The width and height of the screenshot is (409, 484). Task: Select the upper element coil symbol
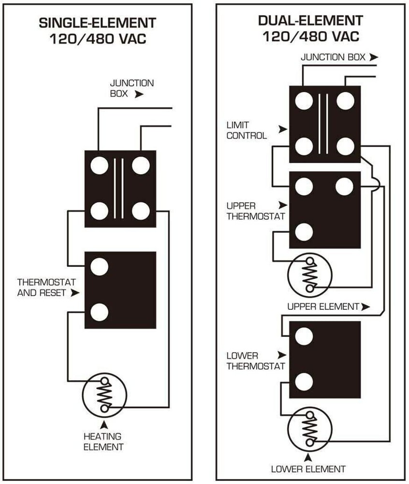309,273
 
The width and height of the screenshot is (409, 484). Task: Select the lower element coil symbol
309,427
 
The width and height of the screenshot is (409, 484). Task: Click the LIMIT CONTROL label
248,131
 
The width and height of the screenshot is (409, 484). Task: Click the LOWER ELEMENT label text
308,469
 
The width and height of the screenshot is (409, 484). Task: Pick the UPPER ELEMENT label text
323,306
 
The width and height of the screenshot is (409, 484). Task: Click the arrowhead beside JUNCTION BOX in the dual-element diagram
373,57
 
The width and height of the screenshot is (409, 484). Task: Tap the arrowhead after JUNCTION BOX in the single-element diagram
139,94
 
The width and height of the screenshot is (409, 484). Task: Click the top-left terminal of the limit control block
304,101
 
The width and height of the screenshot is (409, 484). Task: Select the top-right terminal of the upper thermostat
344,186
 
